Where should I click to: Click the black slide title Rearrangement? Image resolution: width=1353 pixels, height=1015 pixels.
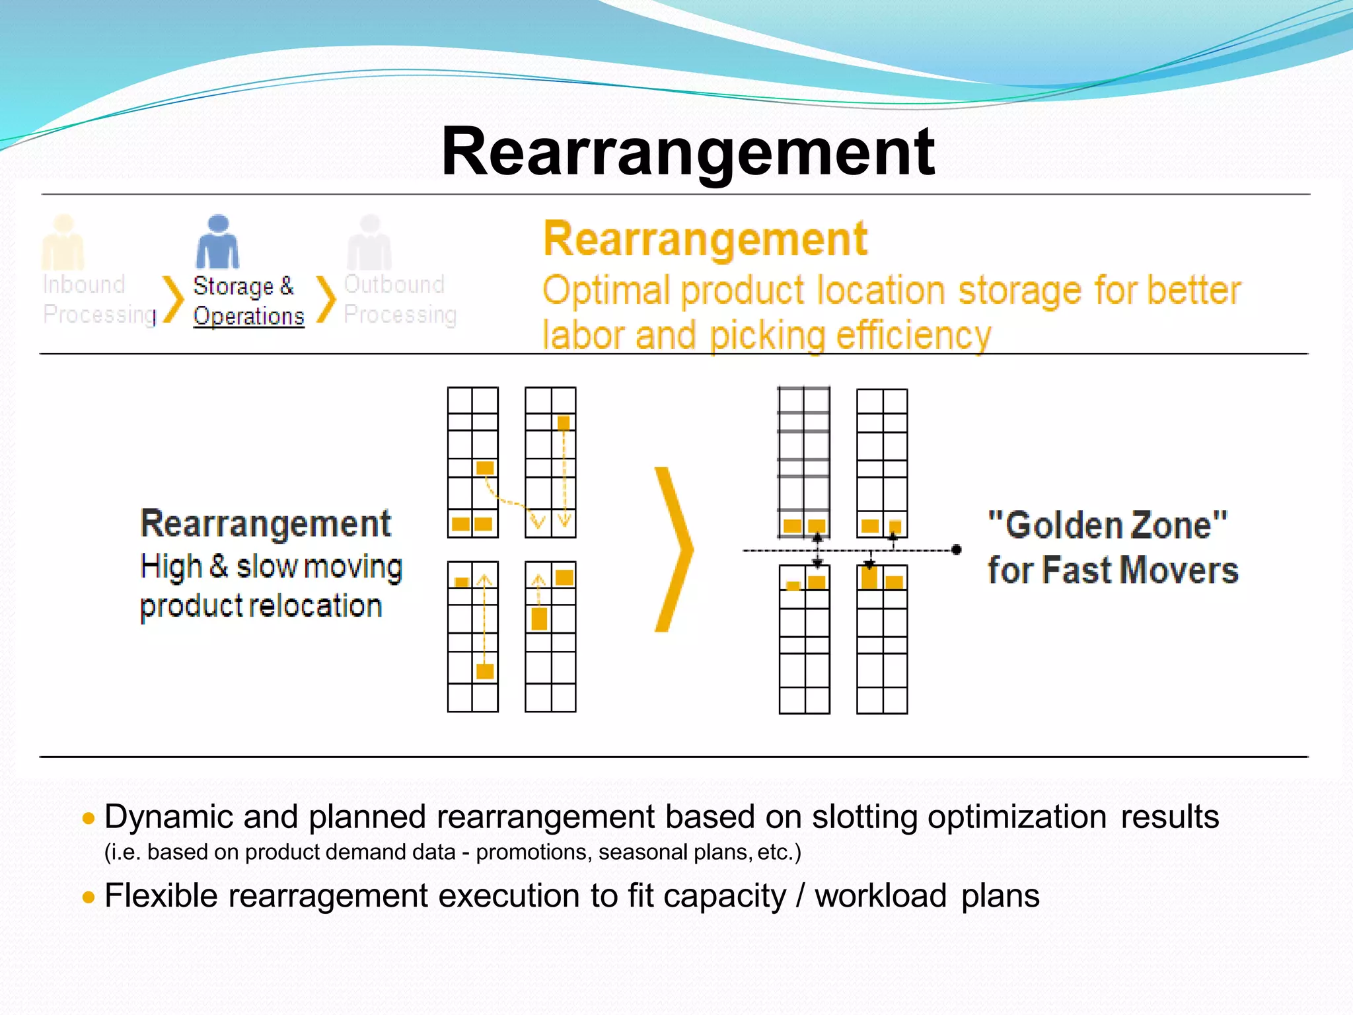[687, 152]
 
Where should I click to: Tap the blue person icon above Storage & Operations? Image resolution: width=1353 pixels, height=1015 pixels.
[217, 243]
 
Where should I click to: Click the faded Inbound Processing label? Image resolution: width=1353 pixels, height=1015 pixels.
[98, 299]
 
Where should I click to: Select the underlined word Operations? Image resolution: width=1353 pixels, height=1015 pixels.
[248, 316]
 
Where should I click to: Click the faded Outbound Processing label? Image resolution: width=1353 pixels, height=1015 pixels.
[400, 299]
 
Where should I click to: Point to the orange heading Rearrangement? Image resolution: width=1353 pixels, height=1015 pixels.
[704, 239]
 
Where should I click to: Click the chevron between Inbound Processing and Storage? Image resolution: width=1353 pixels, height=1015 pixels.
[173, 299]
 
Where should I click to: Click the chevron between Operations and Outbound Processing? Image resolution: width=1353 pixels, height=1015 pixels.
[326, 299]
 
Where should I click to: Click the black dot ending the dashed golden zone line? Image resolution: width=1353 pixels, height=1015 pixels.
[956, 549]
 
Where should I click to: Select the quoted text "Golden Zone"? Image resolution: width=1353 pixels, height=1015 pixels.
[1107, 526]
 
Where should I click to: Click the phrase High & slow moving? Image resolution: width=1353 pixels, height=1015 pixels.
[271, 567]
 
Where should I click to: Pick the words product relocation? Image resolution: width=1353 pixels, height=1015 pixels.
[261, 606]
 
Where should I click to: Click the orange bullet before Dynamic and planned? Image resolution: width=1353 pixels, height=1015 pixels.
[89, 819]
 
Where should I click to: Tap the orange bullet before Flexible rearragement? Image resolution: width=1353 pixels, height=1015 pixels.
[89, 897]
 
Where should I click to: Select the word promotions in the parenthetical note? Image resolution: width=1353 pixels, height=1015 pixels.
[531, 852]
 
